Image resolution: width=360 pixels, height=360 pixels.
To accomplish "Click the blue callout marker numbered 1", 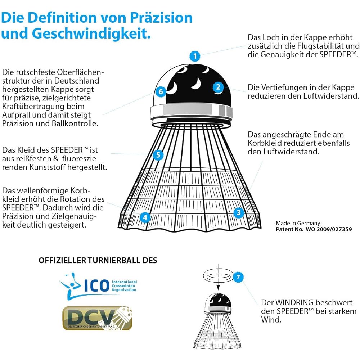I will click(195, 56).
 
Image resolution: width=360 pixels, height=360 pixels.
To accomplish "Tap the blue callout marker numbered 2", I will click(218, 87).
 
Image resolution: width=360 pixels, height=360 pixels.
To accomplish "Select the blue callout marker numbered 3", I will click(238, 213).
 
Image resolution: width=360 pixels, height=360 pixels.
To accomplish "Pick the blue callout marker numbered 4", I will click(145, 217).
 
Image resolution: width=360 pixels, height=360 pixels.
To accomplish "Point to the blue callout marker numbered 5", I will click(158, 155).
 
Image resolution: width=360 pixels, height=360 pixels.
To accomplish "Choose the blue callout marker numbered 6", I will click(161, 91).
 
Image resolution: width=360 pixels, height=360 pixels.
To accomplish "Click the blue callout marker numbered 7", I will click(238, 277).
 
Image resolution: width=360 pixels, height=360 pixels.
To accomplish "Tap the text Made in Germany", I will click(298, 223).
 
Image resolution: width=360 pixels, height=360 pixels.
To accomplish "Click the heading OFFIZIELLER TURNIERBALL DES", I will click(98, 260).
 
